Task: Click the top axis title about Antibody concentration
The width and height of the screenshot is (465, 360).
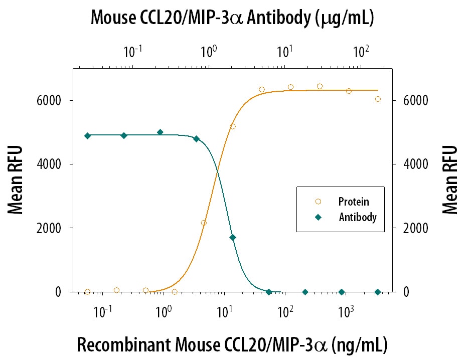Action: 232,18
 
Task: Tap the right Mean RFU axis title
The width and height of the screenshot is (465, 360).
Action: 450,179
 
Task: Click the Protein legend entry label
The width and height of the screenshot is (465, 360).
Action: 354,202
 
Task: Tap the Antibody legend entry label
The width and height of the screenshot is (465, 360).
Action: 358,217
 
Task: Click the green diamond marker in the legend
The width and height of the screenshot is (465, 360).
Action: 318,217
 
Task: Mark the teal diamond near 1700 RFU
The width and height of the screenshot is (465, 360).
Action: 232,237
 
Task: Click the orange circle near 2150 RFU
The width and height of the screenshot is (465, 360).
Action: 203,223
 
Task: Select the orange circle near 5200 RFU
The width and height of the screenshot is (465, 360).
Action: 232,126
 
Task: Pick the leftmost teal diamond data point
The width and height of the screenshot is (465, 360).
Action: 87,136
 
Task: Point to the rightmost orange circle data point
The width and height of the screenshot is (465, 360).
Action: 378,99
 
